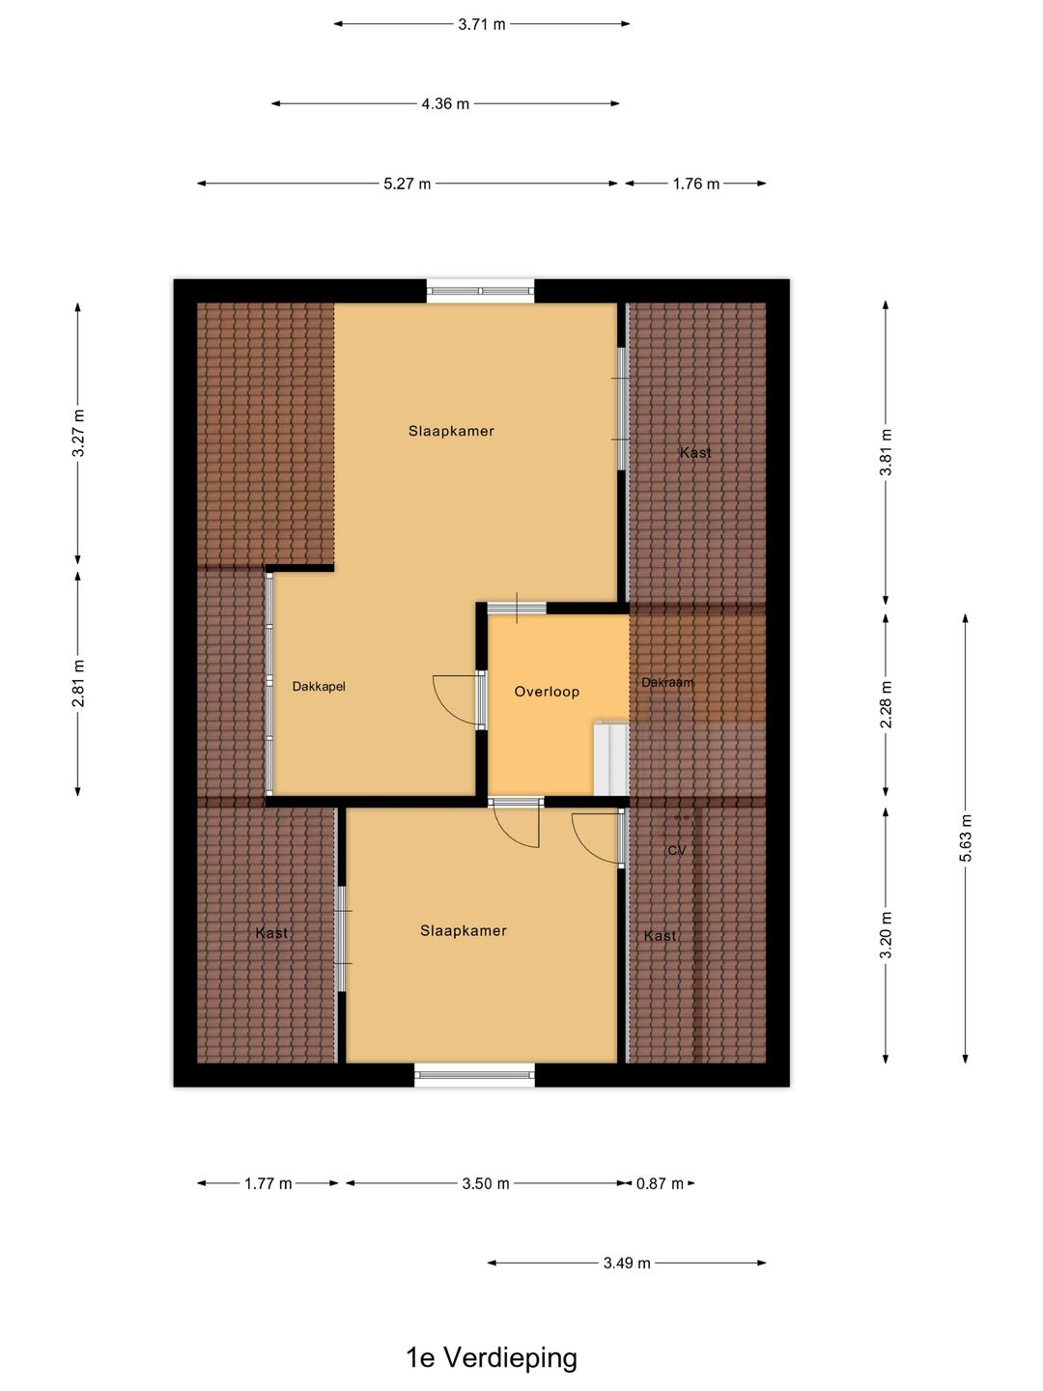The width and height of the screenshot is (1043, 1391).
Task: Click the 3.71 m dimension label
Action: point(482,25)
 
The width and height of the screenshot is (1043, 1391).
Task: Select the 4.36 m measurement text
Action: point(445,104)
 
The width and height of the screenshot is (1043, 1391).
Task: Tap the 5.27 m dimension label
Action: point(408,184)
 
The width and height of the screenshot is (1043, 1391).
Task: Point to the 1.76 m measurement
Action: point(696,184)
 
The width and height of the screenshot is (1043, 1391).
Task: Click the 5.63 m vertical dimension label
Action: point(965,837)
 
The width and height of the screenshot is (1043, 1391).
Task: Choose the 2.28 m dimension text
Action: point(886,704)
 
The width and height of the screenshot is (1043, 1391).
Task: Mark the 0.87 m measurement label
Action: point(660,1183)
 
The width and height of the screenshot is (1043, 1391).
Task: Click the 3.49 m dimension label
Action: point(627,1263)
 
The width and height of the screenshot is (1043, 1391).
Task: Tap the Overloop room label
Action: point(547,692)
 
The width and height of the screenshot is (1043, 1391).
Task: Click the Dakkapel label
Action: point(319,686)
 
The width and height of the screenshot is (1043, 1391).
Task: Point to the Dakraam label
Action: point(667,683)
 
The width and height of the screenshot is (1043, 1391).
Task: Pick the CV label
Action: point(677,850)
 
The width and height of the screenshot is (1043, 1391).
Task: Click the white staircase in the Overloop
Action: point(611,758)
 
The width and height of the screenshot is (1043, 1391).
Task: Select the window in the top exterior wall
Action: point(480,291)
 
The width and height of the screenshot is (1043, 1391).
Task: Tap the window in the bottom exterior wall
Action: point(474,1075)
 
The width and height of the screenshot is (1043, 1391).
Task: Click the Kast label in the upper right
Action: point(695,452)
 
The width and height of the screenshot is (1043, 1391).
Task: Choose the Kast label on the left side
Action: point(271,933)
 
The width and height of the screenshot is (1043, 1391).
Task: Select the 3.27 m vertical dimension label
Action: point(78,433)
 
